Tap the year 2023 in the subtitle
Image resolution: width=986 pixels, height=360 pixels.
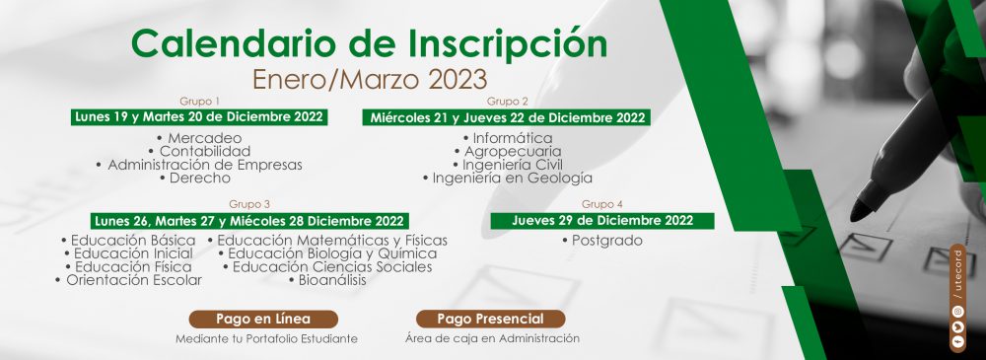click(x=457, y=80)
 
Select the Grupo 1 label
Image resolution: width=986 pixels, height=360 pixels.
click(x=200, y=101)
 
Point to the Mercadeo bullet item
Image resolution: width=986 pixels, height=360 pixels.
click(x=200, y=138)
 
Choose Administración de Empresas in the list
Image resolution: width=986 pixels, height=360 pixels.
click(x=199, y=165)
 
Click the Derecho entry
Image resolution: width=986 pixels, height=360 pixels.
click(x=195, y=179)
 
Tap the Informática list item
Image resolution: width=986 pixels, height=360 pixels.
click(x=508, y=138)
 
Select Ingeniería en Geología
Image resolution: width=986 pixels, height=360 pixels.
click(x=508, y=179)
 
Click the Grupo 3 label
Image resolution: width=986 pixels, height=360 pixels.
click(x=249, y=204)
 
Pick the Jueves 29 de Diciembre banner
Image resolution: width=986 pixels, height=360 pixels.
click(x=602, y=221)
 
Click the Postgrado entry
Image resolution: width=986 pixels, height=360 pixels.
click(x=602, y=241)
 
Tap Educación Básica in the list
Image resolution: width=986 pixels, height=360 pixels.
click(x=128, y=241)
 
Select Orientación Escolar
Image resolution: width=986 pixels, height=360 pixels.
click(x=129, y=280)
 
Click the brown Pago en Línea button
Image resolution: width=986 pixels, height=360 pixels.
click(x=263, y=319)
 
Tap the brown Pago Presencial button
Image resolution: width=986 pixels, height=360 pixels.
click(x=490, y=319)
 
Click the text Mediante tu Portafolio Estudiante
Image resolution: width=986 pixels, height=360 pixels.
click(x=266, y=338)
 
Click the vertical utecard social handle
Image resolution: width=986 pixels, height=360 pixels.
click(x=957, y=272)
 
